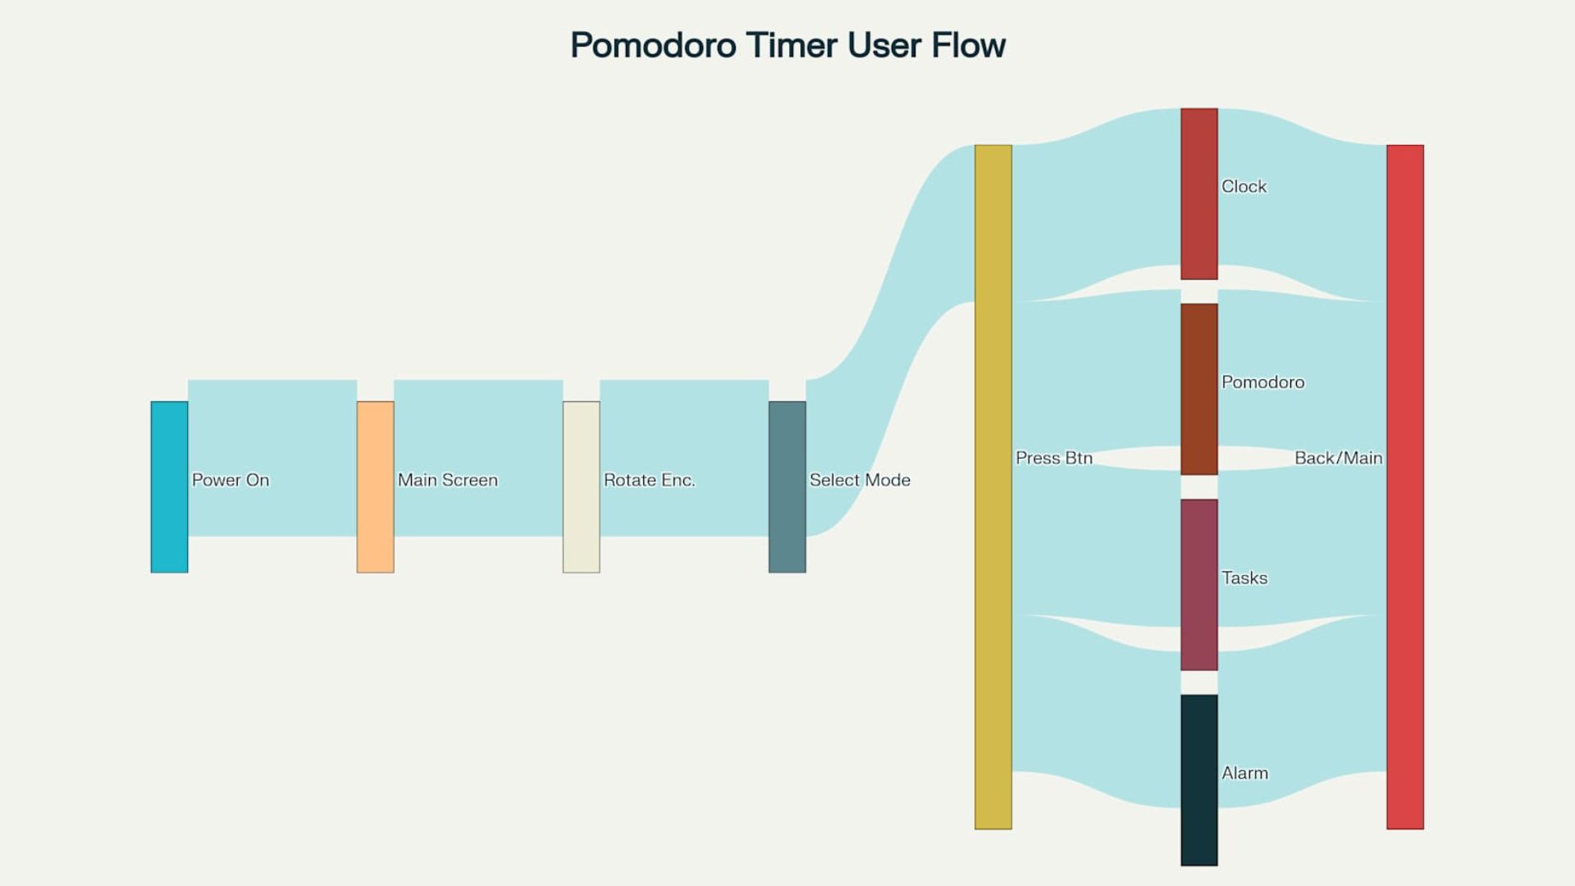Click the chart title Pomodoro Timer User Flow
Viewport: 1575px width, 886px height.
point(787,45)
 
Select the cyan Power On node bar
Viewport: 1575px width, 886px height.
point(169,486)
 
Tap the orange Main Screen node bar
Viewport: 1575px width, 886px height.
point(375,486)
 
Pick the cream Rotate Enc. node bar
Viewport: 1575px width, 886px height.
point(581,486)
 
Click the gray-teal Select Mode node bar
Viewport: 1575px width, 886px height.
point(787,486)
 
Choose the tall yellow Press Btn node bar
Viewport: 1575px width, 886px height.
point(993,487)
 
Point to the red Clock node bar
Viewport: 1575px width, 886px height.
point(1198,194)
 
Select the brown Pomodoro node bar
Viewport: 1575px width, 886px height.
point(1198,389)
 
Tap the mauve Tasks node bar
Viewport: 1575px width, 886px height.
point(1198,585)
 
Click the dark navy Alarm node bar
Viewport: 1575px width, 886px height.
point(1198,780)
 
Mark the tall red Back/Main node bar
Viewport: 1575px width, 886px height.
point(1404,487)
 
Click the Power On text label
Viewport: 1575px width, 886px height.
point(231,480)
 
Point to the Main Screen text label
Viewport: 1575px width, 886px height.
point(448,480)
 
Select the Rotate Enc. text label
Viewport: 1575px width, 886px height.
point(650,480)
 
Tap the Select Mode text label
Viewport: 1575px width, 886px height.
point(860,480)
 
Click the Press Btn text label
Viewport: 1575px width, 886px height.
point(1054,458)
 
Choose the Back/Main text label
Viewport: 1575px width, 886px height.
point(1339,458)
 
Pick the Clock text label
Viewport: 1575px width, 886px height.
point(1244,186)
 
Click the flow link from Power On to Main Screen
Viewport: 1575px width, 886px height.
point(272,458)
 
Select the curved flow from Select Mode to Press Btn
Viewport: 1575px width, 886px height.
point(890,340)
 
